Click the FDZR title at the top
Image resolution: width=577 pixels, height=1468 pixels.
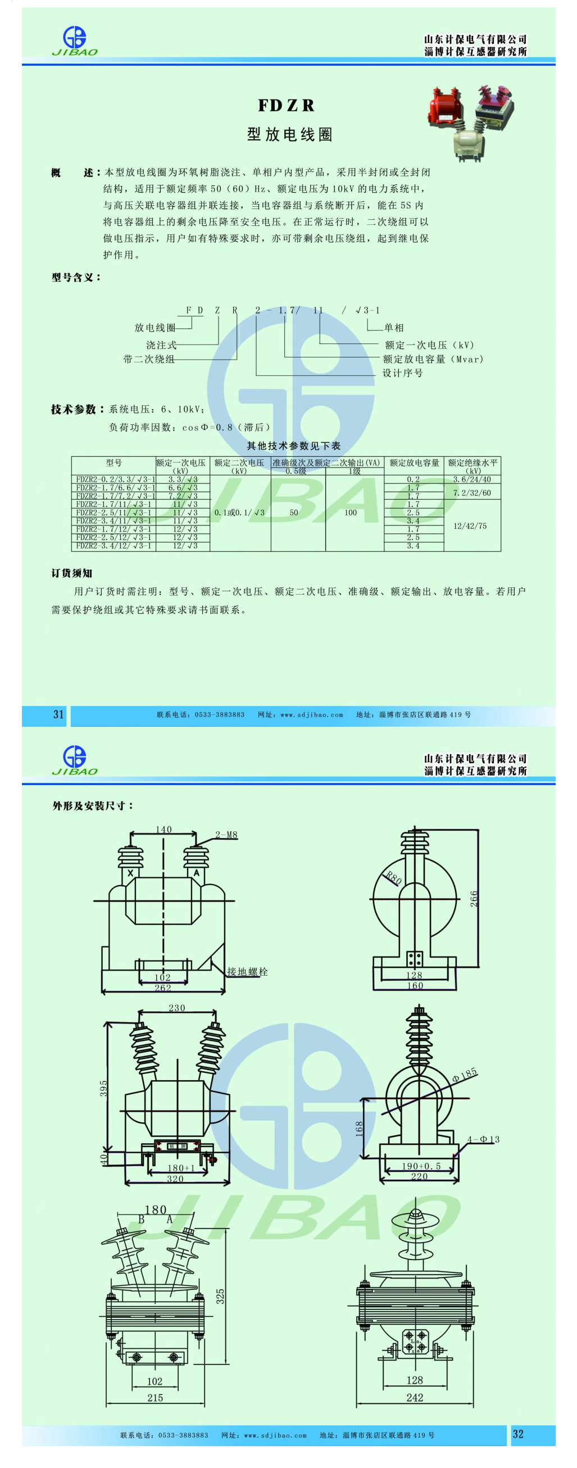[287, 106]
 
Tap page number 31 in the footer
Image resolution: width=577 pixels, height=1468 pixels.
[58, 715]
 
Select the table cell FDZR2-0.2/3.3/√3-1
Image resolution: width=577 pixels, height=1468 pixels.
[114, 480]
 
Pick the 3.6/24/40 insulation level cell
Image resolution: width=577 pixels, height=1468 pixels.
[472, 480]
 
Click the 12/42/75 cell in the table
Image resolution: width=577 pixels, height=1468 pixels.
[470, 526]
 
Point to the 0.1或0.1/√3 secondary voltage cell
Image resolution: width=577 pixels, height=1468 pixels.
[240, 513]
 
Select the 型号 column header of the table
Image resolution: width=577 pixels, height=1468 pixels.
[114, 463]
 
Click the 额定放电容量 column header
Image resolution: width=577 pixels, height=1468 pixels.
[414, 463]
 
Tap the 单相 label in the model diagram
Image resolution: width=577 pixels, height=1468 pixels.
[394, 328]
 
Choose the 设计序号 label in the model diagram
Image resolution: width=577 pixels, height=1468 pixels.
[402, 373]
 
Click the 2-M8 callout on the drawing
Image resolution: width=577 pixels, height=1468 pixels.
[226, 835]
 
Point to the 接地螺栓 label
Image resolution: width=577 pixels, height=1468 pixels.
[247, 972]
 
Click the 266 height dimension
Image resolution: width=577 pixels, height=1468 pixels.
[474, 899]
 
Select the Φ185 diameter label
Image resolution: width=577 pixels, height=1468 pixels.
[465, 1075]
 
